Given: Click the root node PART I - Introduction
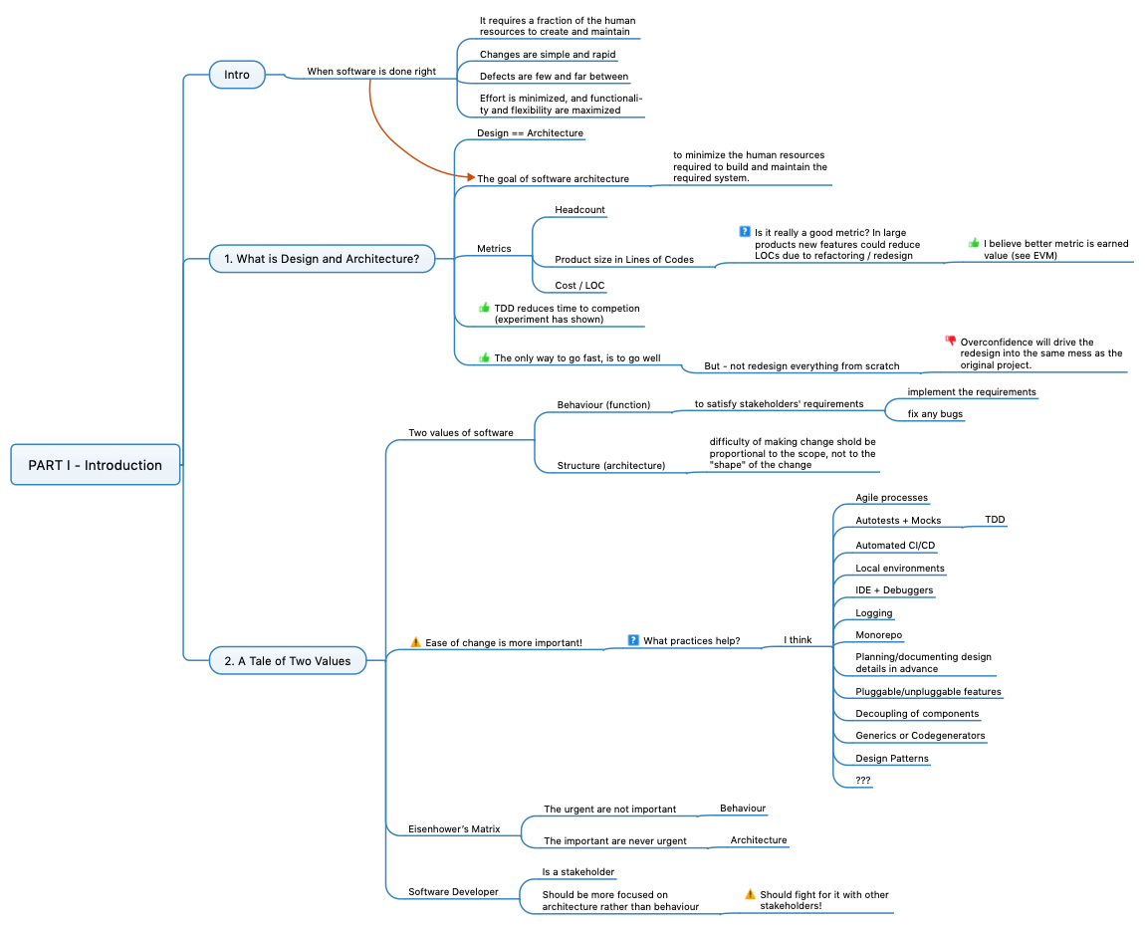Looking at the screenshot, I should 95,465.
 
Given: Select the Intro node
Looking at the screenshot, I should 237,75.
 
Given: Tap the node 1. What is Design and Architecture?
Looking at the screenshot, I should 322,259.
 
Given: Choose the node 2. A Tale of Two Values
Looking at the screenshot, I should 287,660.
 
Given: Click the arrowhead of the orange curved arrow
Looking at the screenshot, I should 470,176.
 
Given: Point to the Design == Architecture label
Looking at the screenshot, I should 530,132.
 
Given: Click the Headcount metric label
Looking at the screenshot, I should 579,210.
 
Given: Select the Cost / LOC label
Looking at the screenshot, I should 579,286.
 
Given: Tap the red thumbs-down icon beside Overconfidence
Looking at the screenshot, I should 950,341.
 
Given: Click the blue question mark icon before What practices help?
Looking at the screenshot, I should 633,640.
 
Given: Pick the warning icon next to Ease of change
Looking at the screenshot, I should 416,642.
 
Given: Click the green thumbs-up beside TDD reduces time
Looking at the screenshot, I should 485,308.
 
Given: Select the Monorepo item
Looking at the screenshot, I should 879,635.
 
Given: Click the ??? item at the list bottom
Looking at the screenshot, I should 863,781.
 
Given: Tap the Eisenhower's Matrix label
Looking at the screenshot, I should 454,828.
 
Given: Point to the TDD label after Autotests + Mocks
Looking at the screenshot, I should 995,520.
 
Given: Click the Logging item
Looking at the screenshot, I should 873,613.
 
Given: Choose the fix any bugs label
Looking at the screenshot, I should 935,413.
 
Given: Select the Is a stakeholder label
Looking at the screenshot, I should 577,871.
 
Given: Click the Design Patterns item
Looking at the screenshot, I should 891,759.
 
